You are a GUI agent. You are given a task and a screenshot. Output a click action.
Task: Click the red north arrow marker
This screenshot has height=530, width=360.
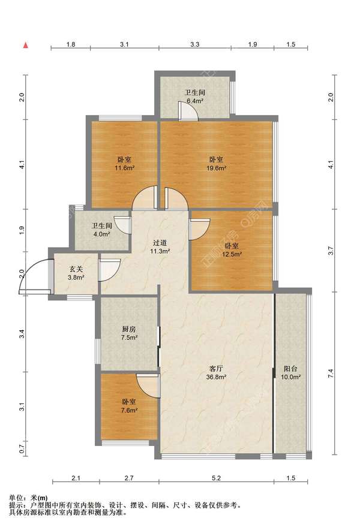26,45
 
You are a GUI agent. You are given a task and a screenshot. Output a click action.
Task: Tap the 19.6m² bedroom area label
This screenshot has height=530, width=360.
216,164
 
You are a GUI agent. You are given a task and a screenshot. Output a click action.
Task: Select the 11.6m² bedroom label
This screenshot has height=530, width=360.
125,164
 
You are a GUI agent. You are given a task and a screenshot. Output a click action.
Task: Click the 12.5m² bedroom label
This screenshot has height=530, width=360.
232,250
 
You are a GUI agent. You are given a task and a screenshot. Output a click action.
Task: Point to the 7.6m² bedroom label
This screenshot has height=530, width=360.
129,406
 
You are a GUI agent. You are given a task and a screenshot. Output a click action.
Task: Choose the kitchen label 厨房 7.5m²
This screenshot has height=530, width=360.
129,333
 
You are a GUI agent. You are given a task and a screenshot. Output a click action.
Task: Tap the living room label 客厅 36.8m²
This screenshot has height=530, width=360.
216,372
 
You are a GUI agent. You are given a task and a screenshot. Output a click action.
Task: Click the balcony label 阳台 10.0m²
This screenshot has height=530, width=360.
290,372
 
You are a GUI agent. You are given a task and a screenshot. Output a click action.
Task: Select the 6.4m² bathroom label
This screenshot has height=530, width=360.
194,97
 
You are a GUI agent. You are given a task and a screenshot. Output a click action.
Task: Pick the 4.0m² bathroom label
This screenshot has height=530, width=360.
101,230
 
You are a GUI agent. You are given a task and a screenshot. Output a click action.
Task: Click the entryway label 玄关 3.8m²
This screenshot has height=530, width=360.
76,273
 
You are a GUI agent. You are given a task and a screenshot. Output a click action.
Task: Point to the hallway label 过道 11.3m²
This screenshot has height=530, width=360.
160,247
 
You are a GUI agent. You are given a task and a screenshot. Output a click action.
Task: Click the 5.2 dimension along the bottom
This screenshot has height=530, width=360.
216,478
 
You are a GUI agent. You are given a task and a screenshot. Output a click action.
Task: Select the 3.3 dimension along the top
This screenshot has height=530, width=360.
195,44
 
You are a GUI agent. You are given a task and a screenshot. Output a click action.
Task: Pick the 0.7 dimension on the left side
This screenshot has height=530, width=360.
22,449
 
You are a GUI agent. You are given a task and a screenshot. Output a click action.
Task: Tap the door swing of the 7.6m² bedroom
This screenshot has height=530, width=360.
148,386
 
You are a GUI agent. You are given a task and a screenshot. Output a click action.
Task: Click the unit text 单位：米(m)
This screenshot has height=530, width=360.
28,498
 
